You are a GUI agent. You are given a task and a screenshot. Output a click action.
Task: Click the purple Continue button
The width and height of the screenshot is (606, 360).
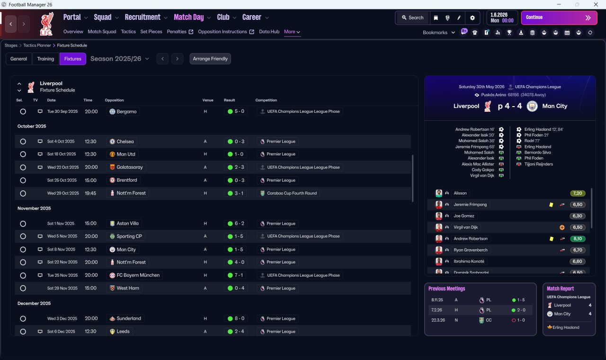pos(559,18)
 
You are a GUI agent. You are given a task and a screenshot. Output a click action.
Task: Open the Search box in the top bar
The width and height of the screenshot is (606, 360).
pos(412,18)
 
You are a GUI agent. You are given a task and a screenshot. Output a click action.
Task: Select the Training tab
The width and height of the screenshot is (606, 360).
pos(45,59)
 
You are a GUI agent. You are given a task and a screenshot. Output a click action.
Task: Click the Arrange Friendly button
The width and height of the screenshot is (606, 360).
pos(210,59)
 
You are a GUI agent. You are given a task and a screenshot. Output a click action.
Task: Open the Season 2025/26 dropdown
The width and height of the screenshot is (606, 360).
pos(120,59)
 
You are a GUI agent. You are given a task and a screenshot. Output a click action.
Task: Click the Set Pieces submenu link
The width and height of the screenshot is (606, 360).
pos(151,32)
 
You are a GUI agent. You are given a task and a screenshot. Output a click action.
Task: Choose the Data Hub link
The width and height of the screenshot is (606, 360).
pos(269,32)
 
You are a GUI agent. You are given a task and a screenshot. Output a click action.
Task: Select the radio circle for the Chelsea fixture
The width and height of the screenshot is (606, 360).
pos(23,142)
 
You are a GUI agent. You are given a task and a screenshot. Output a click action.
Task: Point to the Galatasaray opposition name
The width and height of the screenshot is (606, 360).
pos(130,167)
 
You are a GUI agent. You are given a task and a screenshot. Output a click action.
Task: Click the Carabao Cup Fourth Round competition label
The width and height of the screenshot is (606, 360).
pos(292,193)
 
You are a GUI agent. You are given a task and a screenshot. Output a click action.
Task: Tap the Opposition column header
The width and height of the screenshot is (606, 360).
pos(114,100)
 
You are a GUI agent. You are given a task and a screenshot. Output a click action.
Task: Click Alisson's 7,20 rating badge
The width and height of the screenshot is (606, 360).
pos(578,193)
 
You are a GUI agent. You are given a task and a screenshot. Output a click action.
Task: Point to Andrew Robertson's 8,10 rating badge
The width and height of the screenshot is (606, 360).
pos(578,239)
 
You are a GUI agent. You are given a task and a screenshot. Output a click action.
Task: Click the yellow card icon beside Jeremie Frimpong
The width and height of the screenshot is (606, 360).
pos(551,205)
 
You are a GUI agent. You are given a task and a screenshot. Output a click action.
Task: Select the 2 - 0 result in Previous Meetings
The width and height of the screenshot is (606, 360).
pos(518,310)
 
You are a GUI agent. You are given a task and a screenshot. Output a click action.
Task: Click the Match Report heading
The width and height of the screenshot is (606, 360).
pos(560,288)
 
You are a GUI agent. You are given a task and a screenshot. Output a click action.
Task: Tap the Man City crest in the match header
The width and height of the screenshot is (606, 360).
pos(532,106)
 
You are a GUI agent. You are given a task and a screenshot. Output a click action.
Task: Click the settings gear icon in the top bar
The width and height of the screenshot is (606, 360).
pos(472,18)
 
